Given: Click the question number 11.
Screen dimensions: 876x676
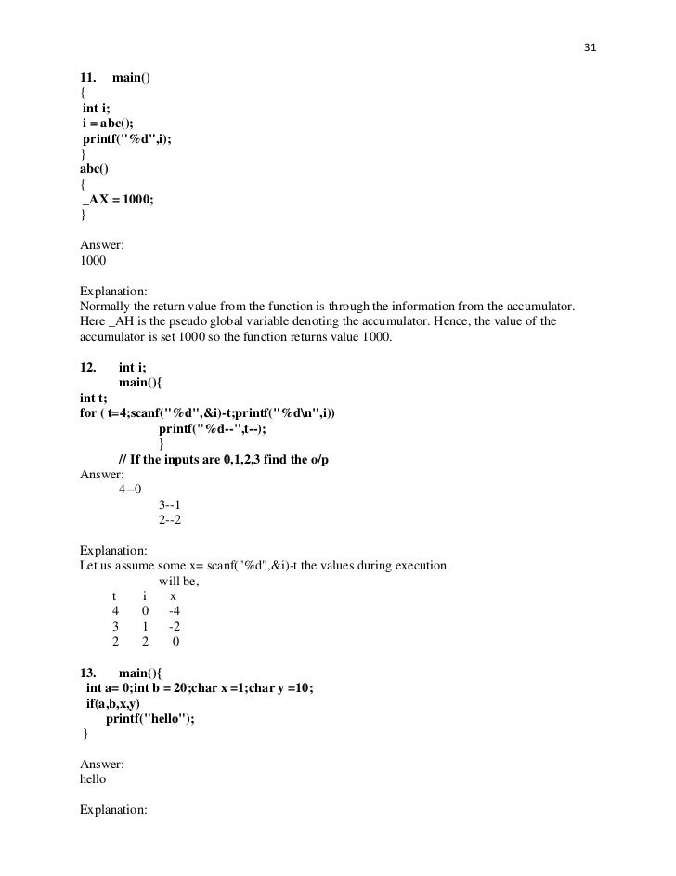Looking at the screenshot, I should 89,76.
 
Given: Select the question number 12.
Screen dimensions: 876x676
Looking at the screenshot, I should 89,368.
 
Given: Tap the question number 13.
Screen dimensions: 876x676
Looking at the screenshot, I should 89,672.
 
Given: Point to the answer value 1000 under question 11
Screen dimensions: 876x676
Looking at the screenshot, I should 94,262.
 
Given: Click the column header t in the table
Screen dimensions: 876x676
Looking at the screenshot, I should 115,595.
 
